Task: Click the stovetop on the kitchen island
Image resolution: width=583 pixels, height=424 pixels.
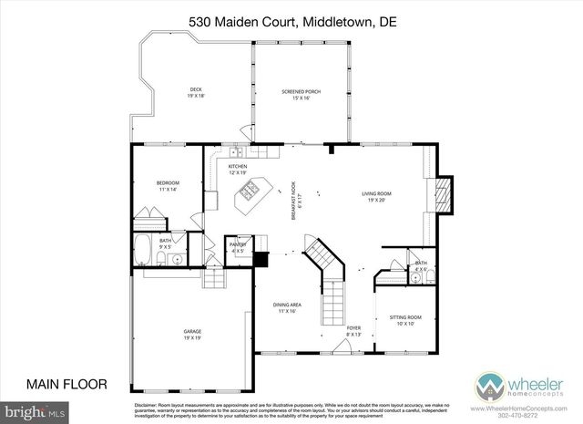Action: (249, 192)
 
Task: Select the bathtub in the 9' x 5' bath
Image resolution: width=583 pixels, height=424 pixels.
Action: (143, 249)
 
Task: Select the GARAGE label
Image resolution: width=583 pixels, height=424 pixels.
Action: (191, 334)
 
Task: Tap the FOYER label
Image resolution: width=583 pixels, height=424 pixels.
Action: (353, 329)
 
